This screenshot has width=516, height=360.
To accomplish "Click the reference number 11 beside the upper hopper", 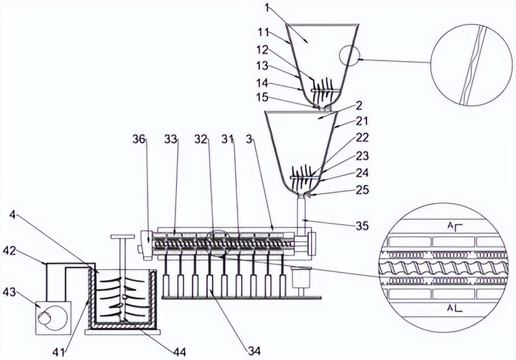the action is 263,33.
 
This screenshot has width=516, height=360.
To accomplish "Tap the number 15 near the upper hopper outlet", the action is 262,98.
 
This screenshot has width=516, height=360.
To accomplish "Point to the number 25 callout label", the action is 362,190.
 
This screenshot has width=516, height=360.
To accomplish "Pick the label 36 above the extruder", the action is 139,140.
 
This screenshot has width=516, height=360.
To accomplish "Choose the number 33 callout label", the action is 171,140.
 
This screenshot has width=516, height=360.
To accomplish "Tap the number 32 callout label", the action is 201,140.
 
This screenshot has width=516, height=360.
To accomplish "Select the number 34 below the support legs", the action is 254,351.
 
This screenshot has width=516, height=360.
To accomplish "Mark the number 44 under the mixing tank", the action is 179,352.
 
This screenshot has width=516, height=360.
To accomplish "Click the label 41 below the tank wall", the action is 59,352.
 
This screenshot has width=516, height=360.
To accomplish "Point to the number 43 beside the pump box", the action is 9,292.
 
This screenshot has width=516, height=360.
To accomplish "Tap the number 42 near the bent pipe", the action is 9,250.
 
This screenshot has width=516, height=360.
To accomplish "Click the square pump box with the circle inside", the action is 53,318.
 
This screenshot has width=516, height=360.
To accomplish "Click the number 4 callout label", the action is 12,215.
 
